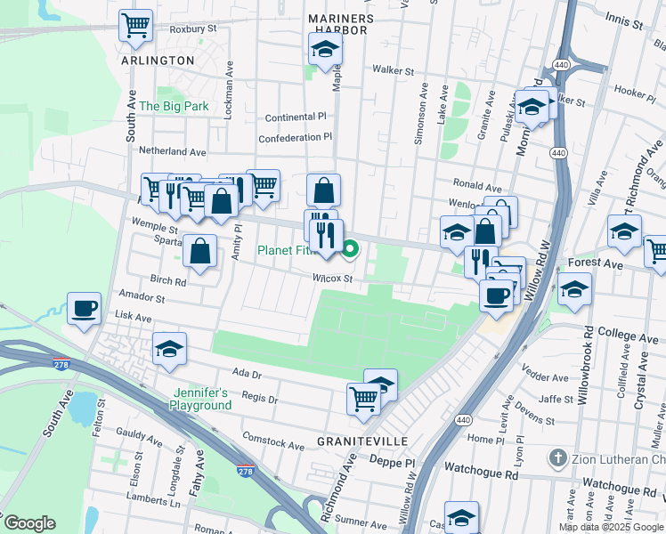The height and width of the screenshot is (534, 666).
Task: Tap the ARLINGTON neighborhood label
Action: point(157,61)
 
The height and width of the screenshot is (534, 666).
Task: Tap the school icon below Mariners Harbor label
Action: point(326,50)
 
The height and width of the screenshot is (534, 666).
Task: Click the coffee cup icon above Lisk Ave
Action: point(85,309)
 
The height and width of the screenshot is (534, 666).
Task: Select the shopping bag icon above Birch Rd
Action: point(201,252)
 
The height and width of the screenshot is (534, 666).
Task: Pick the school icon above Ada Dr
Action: point(168,350)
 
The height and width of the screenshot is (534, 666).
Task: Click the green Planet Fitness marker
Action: point(351,250)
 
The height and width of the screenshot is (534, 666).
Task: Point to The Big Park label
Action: point(174,106)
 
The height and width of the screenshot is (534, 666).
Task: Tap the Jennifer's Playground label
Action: point(201,399)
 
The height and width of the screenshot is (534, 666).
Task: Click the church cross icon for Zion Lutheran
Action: point(557,458)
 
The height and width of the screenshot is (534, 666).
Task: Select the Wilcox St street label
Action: point(333,279)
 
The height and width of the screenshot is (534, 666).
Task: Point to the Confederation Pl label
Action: point(295,138)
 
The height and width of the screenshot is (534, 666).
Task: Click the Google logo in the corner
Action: point(28,523)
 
